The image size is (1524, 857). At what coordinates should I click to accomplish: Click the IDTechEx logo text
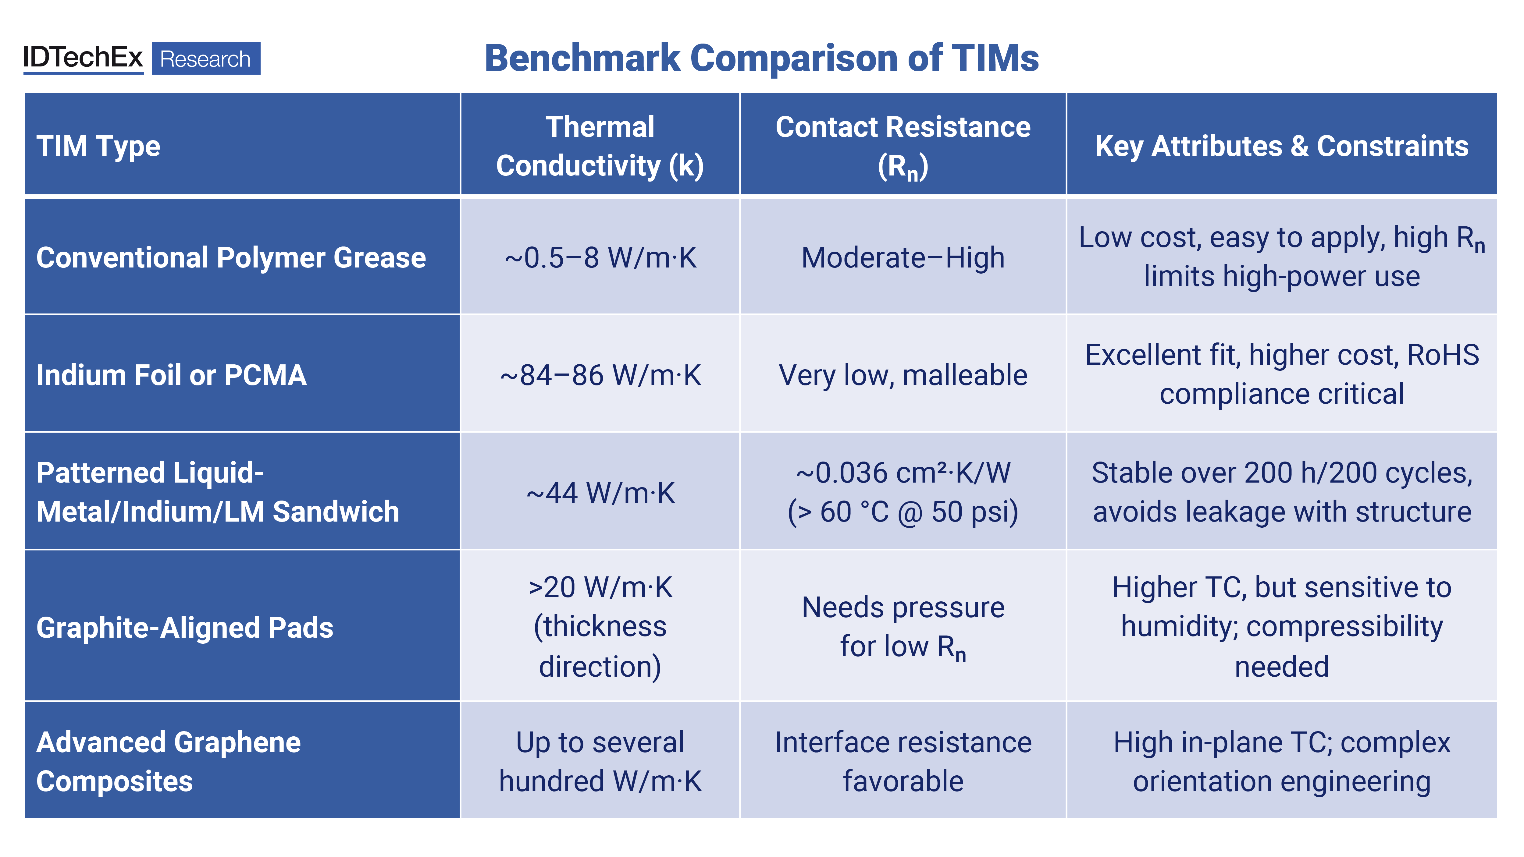click(x=83, y=57)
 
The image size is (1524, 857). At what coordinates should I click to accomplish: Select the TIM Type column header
click(x=98, y=146)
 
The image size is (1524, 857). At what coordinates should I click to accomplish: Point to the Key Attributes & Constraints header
click(x=1281, y=146)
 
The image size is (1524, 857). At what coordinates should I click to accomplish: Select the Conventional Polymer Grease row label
click(x=231, y=257)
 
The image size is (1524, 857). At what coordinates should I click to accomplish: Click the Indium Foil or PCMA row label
click(x=172, y=375)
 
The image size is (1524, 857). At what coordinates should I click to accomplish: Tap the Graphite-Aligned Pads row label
click(x=185, y=628)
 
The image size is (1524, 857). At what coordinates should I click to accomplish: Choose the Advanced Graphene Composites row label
click(x=169, y=762)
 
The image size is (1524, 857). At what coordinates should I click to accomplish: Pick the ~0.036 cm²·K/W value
click(x=903, y=473)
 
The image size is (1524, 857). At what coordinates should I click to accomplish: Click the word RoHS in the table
click(x=1443, y=355)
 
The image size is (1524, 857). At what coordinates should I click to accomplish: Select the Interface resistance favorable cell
click(x=903, y=762)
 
